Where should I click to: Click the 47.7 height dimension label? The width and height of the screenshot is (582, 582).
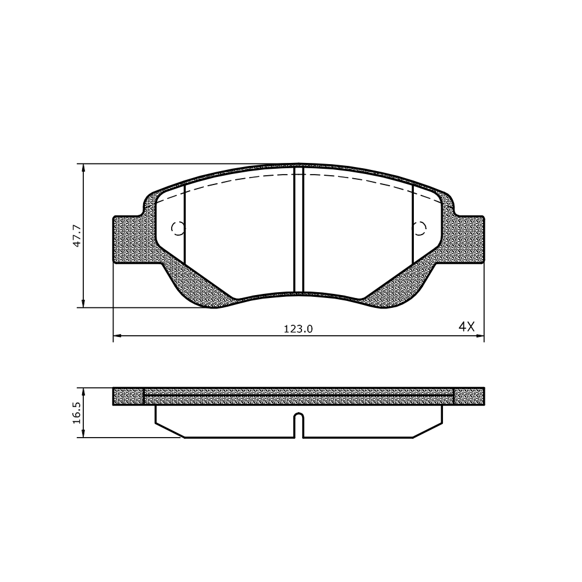point(77,235)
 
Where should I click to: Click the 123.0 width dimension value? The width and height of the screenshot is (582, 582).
point(299,329)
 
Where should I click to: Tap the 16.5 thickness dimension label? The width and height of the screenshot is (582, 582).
point(77,413)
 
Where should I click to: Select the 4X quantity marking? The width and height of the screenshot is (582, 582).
point(467,327)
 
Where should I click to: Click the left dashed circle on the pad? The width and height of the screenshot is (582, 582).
point(178,228)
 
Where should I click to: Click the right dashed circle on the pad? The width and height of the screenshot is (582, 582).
point(420,228)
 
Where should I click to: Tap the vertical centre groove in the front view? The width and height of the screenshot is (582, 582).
point(299,229)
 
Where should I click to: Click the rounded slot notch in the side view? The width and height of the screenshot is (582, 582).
point(299,425)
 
